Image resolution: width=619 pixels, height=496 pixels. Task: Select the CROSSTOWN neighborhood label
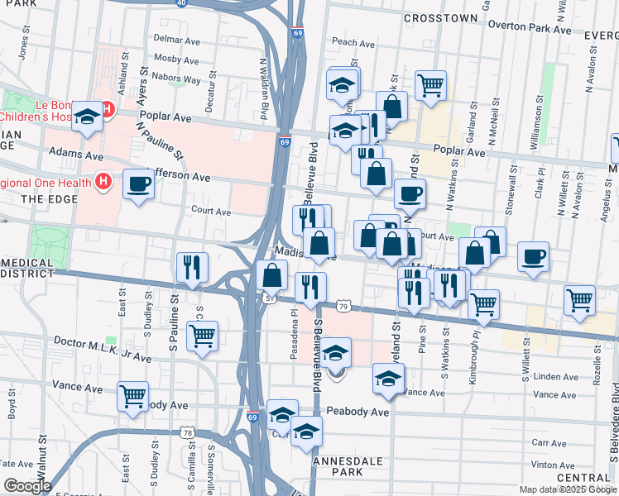(x=440, y=17)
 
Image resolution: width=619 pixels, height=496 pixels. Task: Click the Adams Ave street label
(x=76, y=154)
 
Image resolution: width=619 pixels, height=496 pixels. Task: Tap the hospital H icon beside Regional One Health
(x=103, y=180)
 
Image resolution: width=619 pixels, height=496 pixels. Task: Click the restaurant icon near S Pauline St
(x=192, y=267)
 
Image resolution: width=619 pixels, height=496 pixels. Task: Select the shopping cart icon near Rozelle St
(x=580, y=300)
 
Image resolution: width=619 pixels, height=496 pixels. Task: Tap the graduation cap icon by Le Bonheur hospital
(x=87, y=117)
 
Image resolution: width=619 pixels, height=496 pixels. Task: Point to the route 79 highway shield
(x=343, y=307)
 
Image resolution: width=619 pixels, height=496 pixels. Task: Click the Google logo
(x=27, y=486)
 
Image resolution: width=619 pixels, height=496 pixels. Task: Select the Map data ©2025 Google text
(x=567, y=489)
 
